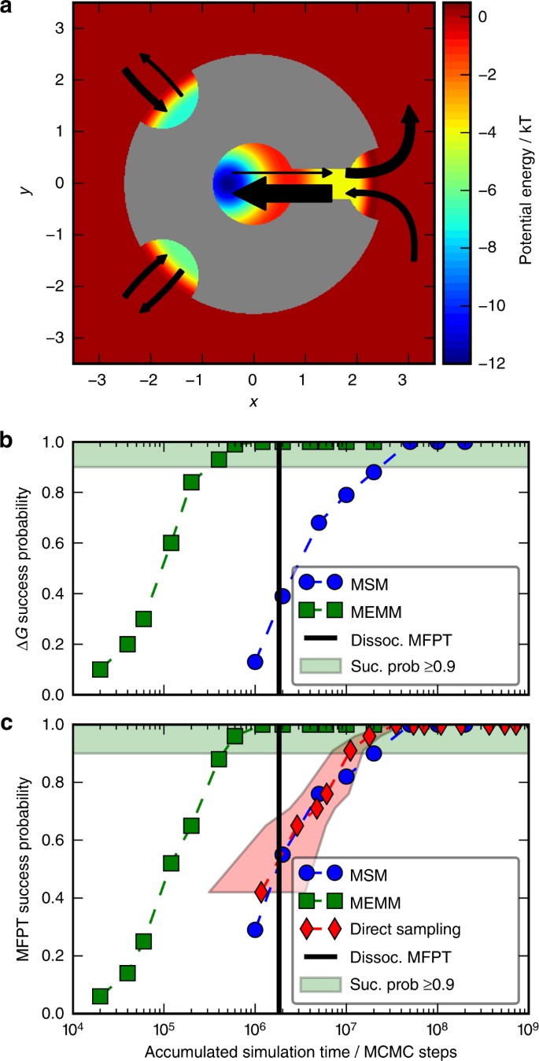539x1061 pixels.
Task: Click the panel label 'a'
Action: [x=9, y=11]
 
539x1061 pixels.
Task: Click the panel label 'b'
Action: [x=9, y=440]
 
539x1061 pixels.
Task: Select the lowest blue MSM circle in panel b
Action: [x=254, y=661]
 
